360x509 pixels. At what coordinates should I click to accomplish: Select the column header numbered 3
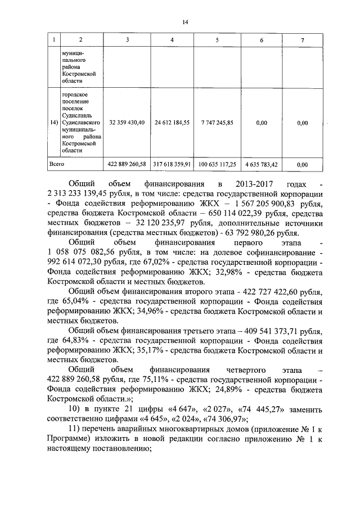tap(127, 40)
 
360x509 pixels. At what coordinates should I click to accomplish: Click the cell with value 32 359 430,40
tap(127, 122)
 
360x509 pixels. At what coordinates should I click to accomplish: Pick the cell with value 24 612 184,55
tap(172, 122)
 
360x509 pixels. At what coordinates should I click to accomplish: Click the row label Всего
tap(57, 164)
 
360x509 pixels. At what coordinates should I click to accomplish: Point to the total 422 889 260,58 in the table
tap(127, 164)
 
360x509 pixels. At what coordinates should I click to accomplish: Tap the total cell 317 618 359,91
tap(172, 164)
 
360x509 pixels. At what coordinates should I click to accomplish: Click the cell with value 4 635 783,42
tap(261, 164)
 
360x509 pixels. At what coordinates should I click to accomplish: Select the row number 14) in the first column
tap(53, 122)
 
